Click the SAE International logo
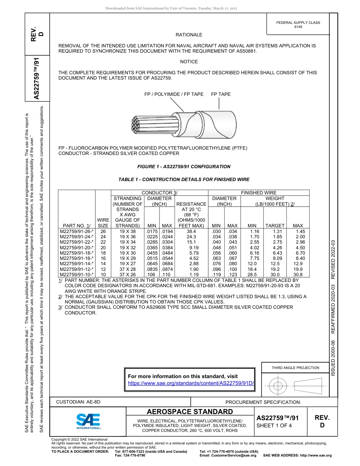click(x=88, y=421)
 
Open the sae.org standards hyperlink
click(x=191, y=383)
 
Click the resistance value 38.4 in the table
click(x=191, y=231)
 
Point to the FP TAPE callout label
click(x=221, y=94)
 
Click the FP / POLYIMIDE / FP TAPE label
click(x=174, y=94)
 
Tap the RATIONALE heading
click(x=189, y=35)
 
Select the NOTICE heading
click(x=189, y=62)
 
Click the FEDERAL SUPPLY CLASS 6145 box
click(x=298, y=25)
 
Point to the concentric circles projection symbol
click(x=278, y=386)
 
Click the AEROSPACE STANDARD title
click(x=190, y=412)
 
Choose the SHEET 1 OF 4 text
click(x=275, y=425)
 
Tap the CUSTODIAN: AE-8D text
click(x=78, y=402)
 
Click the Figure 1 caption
click(x=183, y=167)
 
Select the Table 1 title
click(x=184, y=180)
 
